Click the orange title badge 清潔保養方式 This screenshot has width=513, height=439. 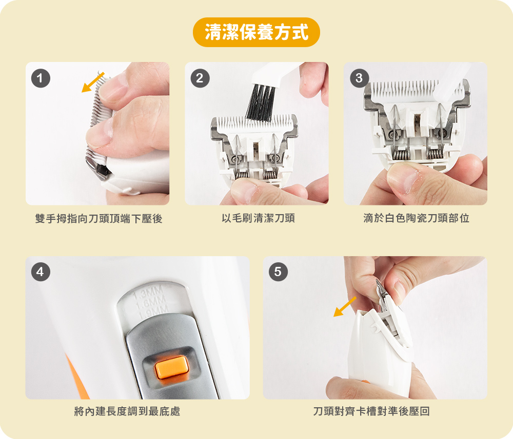tap(256, 32)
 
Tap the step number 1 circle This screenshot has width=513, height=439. tap(41, 78)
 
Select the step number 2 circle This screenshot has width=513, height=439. tap(200, 78)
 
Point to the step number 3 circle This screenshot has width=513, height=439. tap(359, 78)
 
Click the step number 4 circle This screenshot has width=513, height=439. tap(41, 272)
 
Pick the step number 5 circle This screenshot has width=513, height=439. tap(278, 272)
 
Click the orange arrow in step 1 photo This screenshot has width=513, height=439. tap(93, 82)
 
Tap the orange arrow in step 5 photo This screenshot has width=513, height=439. tap(345, 307)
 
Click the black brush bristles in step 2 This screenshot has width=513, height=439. tap(261, 102)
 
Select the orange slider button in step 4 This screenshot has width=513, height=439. tap(172, 367)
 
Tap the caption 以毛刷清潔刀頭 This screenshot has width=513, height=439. tap(258, 218)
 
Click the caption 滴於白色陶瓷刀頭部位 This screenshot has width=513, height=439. tap(416, 218)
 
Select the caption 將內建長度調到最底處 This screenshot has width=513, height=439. tap(127, 411)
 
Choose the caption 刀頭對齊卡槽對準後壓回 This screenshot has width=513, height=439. tap(371, 411)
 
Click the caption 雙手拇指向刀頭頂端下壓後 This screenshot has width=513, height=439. tap(98, 218)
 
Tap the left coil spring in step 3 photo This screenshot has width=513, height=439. tap(400, 155)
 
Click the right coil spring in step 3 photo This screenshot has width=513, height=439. tap(436, 154)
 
